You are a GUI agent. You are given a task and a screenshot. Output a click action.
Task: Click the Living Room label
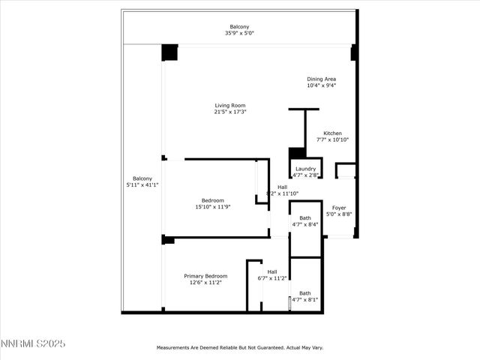pos(230,106)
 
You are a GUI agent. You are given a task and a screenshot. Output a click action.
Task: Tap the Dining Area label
pos(321,79)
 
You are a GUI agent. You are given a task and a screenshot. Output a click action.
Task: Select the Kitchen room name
pos(332,133)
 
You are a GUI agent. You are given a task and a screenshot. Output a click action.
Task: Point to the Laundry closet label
pos(305,169)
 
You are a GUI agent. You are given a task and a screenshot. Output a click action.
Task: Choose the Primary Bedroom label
pos(205,276)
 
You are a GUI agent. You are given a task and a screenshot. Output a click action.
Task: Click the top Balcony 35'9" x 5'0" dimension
pos(240,33)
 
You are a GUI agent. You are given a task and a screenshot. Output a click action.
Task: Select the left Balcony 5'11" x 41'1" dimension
pos(142,184)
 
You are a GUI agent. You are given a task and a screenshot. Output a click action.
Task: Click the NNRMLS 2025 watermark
pos(33,343)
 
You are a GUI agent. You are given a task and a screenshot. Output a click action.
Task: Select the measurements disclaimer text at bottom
pos(239,348)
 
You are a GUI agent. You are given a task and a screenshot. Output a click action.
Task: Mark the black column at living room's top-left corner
pos(170,53)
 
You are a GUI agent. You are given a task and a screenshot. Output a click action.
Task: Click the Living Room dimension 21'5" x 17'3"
pos(230,112)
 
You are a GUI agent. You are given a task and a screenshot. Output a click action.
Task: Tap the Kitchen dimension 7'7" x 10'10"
pos(332,139)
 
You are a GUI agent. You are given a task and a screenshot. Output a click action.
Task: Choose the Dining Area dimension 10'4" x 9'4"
pos(321,85)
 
